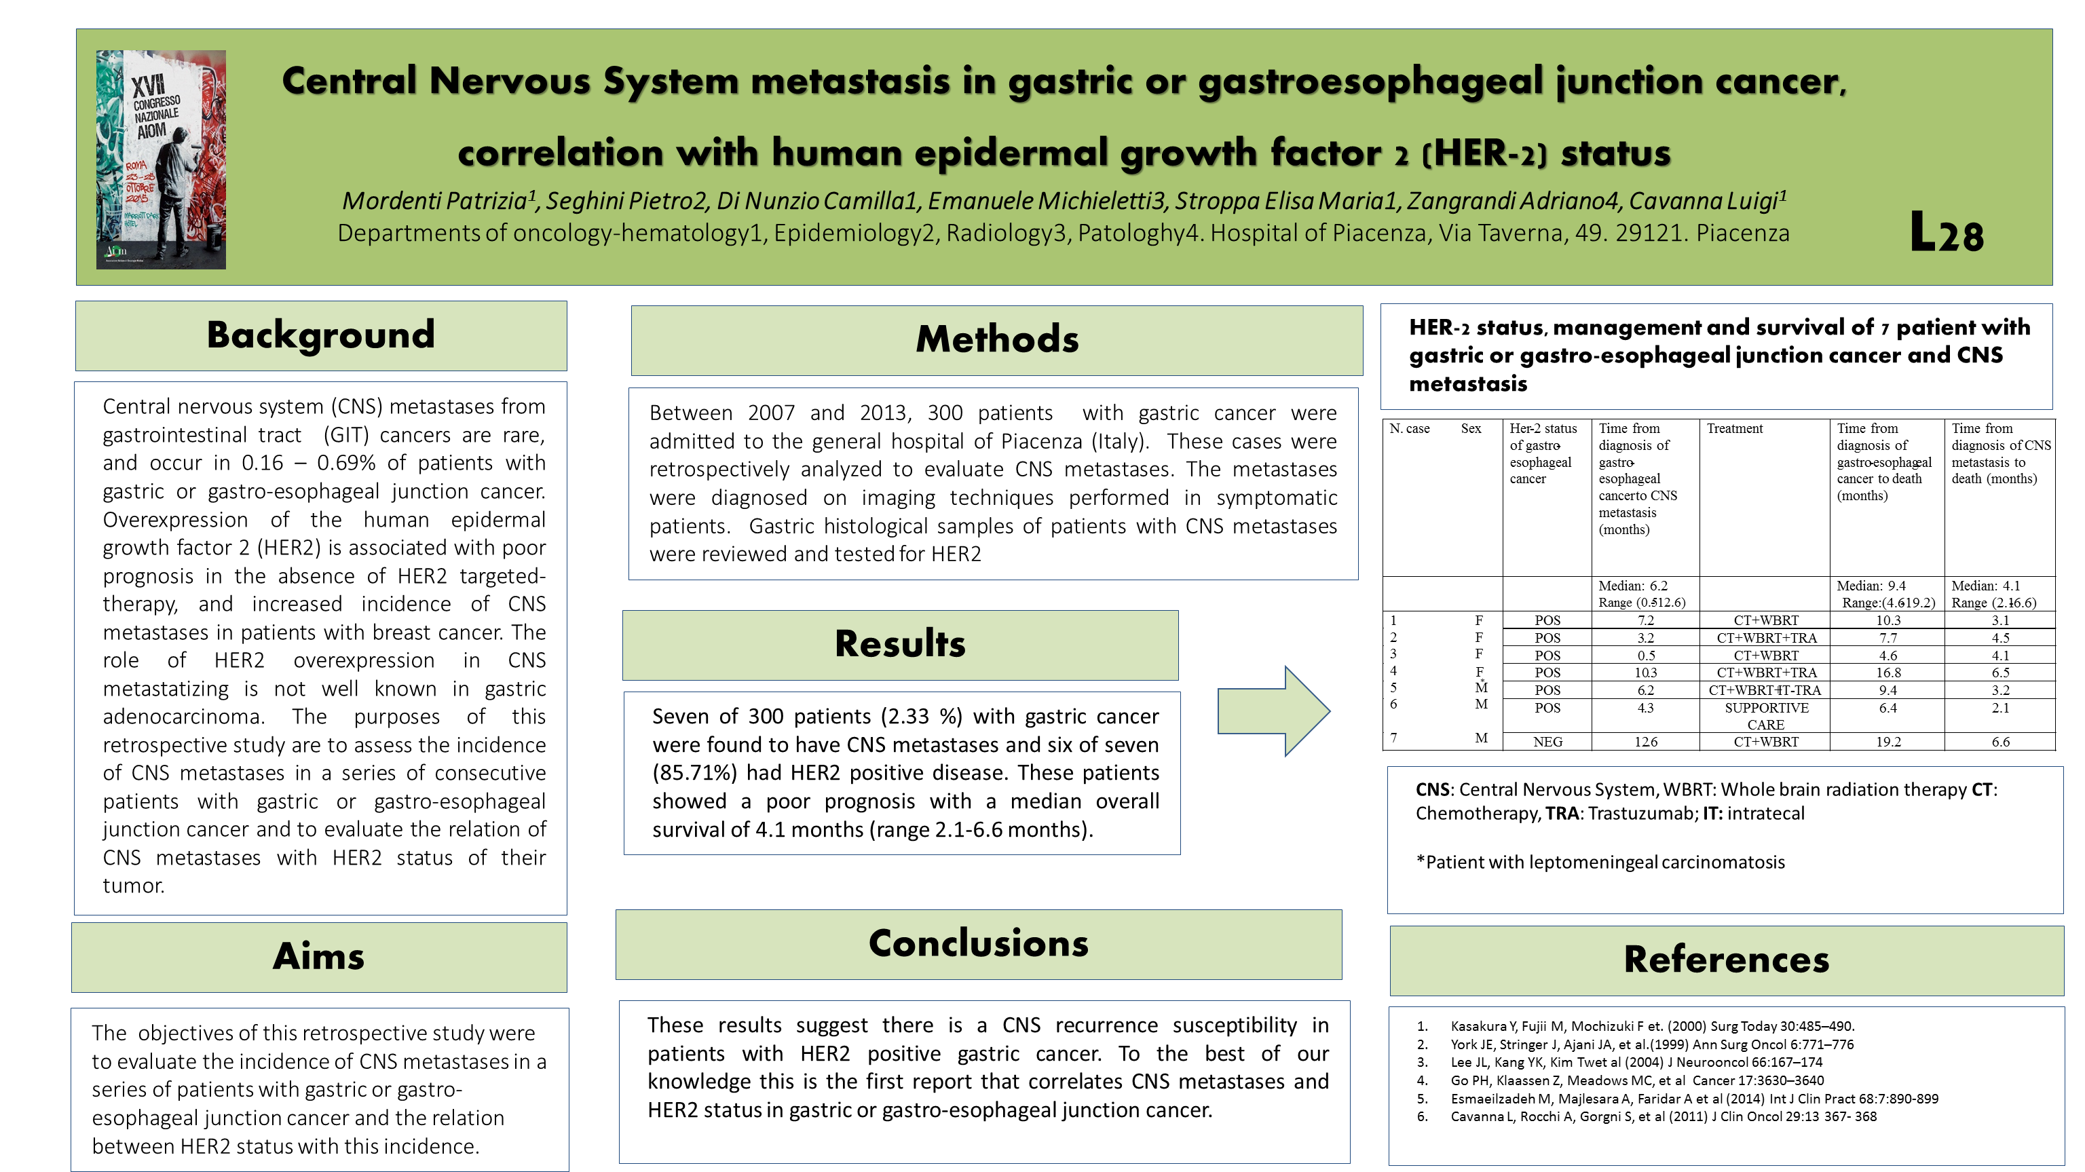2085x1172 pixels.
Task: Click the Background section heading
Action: [x=320, y=335]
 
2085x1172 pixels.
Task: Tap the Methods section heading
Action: [x=996, y=339]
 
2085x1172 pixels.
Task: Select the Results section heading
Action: [x=900, y=644]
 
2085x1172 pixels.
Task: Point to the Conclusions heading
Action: [x=978, y=944]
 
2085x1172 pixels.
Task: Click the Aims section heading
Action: [x=318, y=957]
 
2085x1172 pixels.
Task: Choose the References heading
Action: [x=1726, y=960]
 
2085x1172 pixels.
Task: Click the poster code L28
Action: [x=1947, y=234]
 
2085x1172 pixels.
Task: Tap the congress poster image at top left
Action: [x=161, y=159]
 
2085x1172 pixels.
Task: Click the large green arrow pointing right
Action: [x=1273, y=711]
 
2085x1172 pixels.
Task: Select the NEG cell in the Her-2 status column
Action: [x=1547, y=741]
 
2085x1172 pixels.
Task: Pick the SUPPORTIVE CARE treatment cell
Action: [x=1765, y=715]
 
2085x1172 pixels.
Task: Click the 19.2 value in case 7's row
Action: [x=1887, y=741]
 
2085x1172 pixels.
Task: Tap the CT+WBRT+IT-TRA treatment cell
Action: [x=1765, y=690]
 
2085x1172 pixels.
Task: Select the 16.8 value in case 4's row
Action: [x=1887, y=673]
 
